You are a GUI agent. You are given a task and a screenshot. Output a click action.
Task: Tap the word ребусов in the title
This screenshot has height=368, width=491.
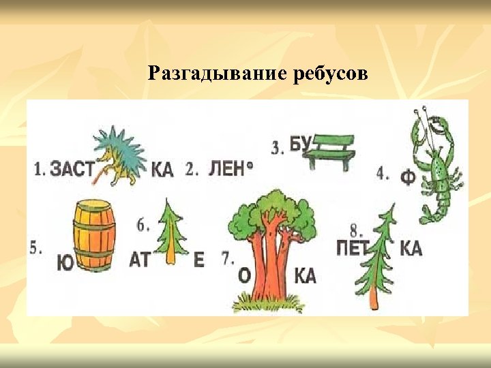[x=331, y=73]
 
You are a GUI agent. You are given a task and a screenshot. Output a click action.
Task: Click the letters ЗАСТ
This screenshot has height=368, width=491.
[x=71, y=169]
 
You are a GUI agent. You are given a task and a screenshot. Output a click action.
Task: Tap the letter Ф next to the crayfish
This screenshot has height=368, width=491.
[x=408, y=178]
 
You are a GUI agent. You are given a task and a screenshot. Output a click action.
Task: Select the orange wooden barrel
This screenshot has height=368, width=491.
[x=95, y=234]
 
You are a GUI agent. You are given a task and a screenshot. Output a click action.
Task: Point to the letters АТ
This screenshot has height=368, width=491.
[x=139, y=260]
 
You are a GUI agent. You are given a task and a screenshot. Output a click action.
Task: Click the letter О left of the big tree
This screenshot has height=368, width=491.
[x=243, y=275]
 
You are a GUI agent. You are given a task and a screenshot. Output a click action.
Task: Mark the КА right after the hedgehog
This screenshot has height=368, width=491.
[x=162, y=169]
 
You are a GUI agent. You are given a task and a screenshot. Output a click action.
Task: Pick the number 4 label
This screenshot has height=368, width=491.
[x=382, y=174]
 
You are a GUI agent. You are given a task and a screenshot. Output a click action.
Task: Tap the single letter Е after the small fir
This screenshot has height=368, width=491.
[x=198, y=260]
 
